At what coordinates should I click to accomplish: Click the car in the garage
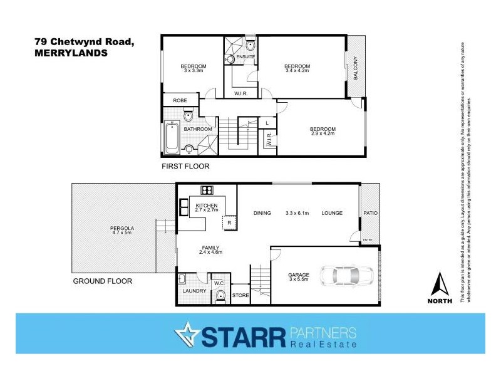[346, 276]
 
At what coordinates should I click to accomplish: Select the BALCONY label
[355, 67]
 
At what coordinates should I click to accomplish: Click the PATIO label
[370, 213]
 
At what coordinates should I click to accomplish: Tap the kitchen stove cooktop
[206, 190]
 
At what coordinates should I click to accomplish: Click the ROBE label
[180, 100]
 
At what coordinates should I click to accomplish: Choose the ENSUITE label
[245, 56]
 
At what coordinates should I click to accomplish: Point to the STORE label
[240, 295]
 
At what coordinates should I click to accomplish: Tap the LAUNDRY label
[190, 290]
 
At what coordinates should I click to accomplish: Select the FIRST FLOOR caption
[185, 167]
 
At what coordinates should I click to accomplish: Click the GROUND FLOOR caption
[103, 281]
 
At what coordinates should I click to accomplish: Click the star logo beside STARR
[185, 336]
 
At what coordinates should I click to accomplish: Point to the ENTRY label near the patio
[368, 239]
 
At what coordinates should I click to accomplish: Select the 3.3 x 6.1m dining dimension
[298, 213]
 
